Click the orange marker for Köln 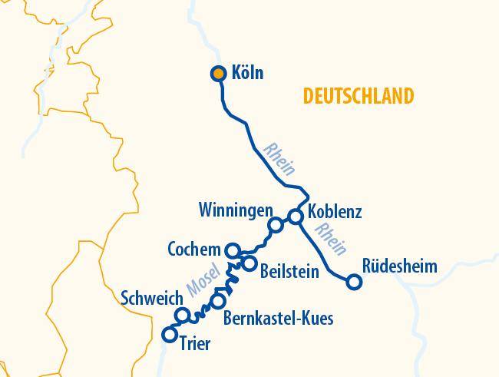pyautogui.click(x=218, y=74)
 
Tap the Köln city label pyautogui.click(x=247, y=73)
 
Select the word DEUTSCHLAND pyautogui.click(x=358, y=96)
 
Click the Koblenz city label pyautogui.click(x=334, y=211)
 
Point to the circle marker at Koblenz pyautogui.click(x=296, y=217)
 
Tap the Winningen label pyautogui.click(x=235, y=210)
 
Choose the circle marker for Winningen pyautogui.click(x=274, y=225)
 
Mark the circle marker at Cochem pyautogui.click(x=233, y=250)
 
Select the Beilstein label pyautogui.click(x=289, y=271)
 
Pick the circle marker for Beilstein pyautogui.click(x=249, y=263)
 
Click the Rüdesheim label pyautogui.click(x=400, y=266)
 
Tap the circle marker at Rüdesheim pyautogui.click(x=354, y=282)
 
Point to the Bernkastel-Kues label pyautogui.click(x=278, y=317)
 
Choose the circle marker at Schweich pyautogui.click(x=183, y=315)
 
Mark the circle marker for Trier pyautogui.click(x=170, y=334)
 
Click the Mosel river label pyautogui.click(x=203, y=283)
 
